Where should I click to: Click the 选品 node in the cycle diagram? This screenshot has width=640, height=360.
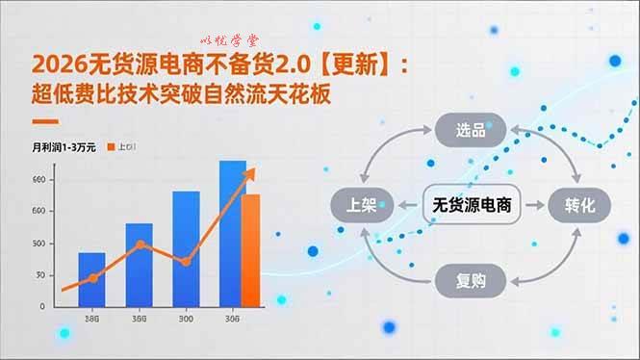(x=471, y=130)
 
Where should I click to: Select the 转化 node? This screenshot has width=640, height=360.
(x=580, y=204)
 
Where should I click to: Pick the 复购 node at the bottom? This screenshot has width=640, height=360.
(x=471, y=281)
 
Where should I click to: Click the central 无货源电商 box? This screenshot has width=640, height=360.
(x=471, y=204)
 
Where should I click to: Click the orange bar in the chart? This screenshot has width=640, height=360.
(x=250, y=249)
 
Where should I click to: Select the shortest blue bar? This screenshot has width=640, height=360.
(x=91, y=279)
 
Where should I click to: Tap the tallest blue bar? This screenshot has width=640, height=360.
(x=232, y=233)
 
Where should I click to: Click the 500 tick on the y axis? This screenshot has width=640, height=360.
(x=38, y=243)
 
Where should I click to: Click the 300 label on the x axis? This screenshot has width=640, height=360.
(x=185, y=320)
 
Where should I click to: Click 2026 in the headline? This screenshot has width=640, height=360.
(x=52, y=65)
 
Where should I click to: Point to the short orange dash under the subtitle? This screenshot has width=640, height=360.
(x=45, y=122)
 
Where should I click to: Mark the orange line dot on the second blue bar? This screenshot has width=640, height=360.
(x=141, y=244)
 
